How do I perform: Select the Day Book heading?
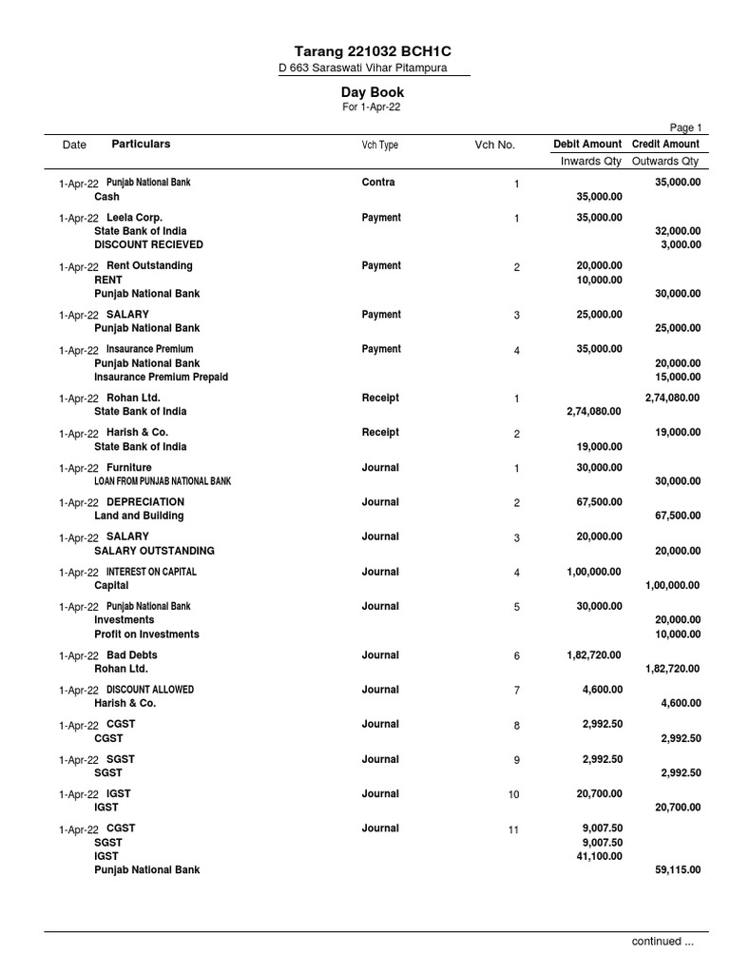point(373,92)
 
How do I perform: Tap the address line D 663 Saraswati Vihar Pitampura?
point(361,68)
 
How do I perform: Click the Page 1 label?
point(685,127)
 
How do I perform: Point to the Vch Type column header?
point(379,145)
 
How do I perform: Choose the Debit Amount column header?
point(587,144)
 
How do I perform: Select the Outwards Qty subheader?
point(665,161)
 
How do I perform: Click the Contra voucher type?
point(378,182)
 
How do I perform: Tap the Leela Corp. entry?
point(134,218)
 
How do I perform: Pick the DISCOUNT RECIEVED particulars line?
point(148,244)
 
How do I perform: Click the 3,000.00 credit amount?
point(681,244)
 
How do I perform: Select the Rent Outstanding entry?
point(149,265)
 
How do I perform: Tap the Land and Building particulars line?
point(139,516)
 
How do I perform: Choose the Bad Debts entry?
point(132,655)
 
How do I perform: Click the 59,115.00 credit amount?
point(679,869)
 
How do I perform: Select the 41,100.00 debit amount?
point(601,856)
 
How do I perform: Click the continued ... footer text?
point(663,941)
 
